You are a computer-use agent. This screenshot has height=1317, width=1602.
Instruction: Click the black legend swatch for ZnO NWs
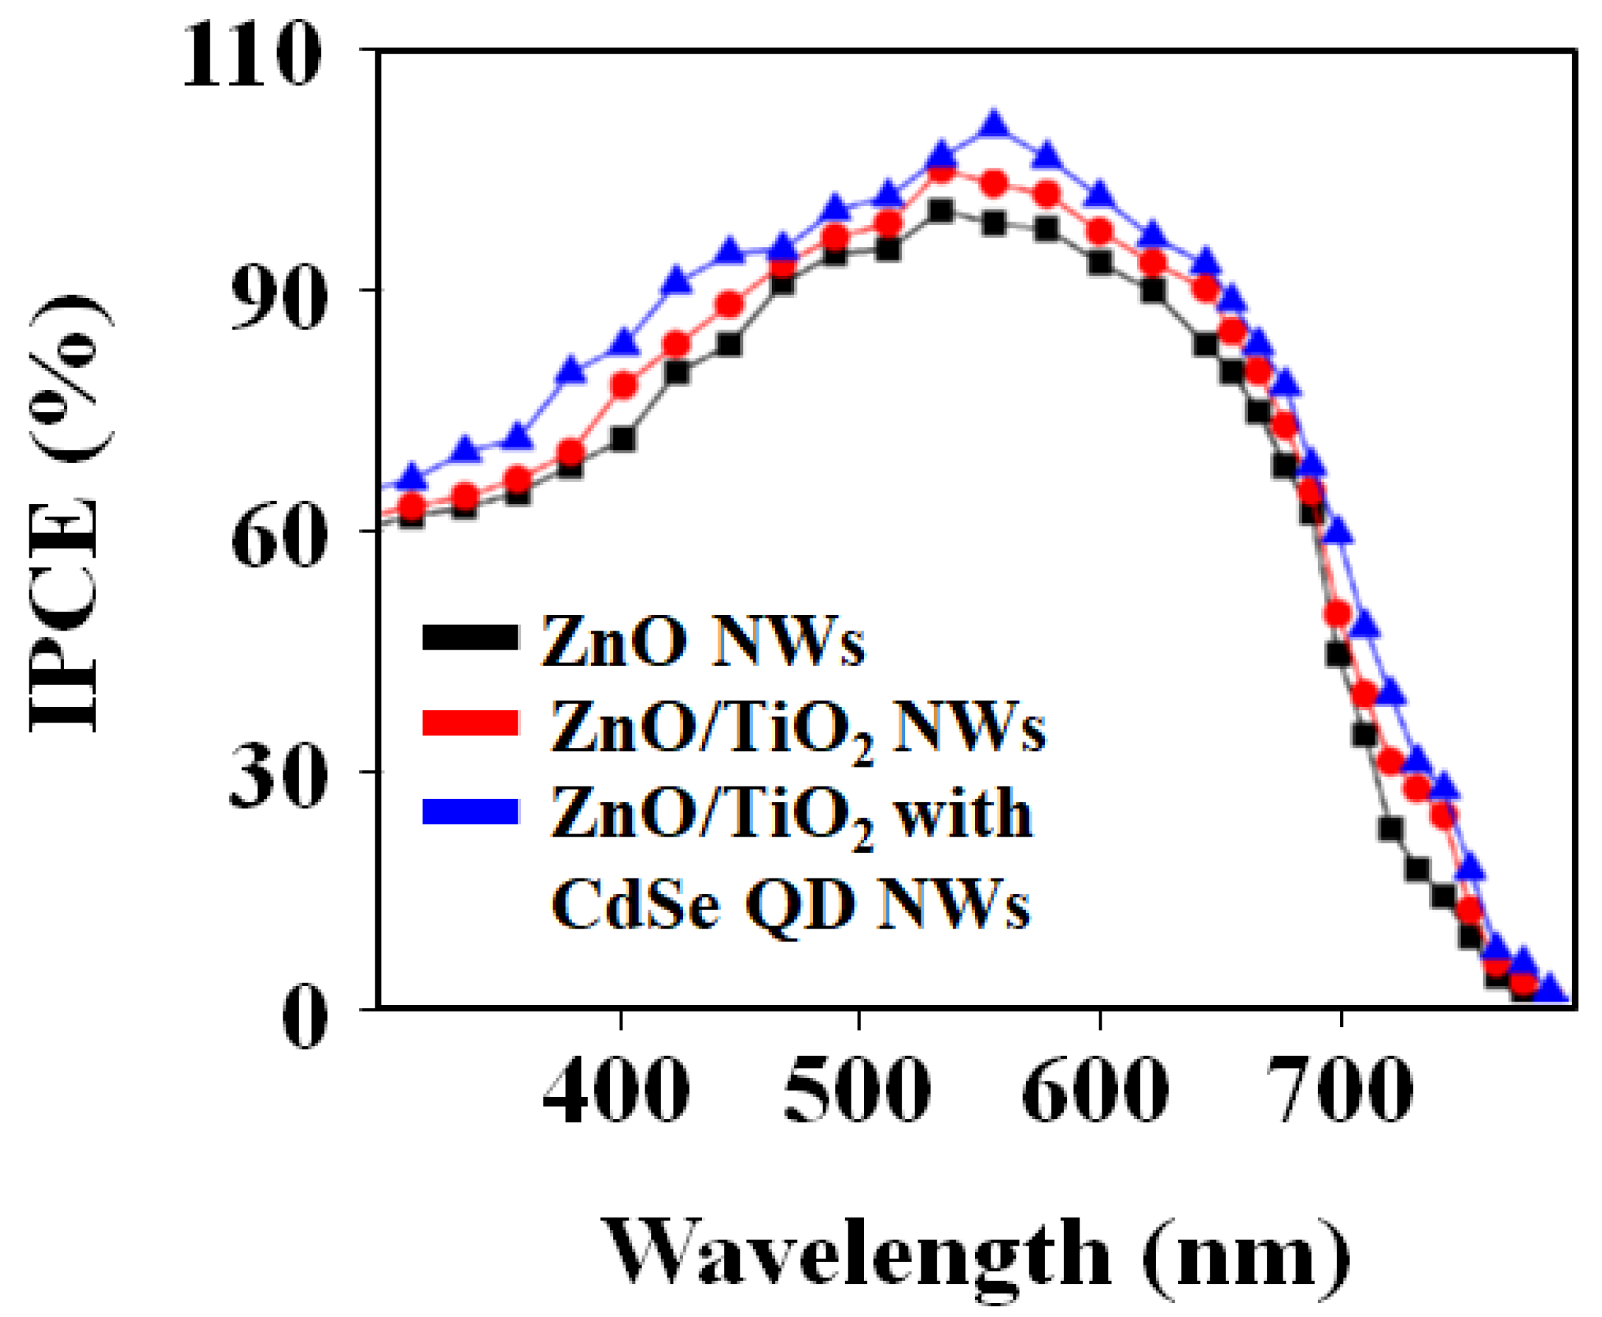469,637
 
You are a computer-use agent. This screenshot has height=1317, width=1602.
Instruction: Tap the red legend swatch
469,723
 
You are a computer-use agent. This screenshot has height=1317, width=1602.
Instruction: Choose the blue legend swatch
469,811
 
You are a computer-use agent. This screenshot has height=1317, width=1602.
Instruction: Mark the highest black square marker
940,211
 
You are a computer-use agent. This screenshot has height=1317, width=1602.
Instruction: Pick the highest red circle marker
941,172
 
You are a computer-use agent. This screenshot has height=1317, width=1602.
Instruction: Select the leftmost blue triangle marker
412,477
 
